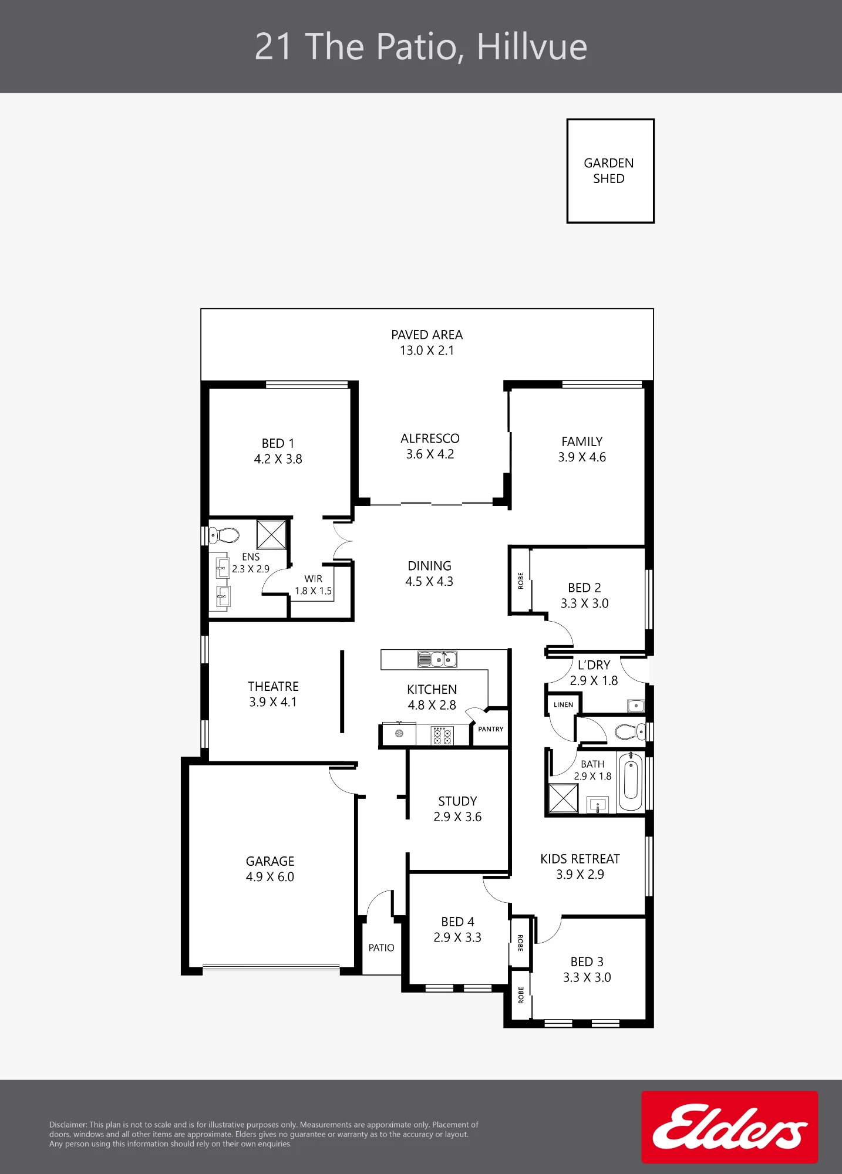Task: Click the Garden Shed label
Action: [609, 171]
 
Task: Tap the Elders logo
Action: [729, 1126]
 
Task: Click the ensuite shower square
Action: [271, 534]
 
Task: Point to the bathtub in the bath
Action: [631, 781]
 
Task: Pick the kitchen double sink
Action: [437, 659]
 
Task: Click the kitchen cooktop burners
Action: [442, 736]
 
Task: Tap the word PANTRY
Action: [491, 729]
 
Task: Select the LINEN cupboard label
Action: [563, 704]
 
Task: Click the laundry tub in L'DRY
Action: [635, 705]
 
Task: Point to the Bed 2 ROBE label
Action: [521, 581]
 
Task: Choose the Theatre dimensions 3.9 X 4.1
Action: [273, 702]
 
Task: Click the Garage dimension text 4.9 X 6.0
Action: [270, 877]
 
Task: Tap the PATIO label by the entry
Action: [382, 947]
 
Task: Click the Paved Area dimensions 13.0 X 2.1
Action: [427, 350]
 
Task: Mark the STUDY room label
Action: [457, 801]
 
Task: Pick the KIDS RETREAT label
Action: [580, 859]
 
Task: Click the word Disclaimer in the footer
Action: [68, 1125]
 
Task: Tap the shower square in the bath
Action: [563, 798]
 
